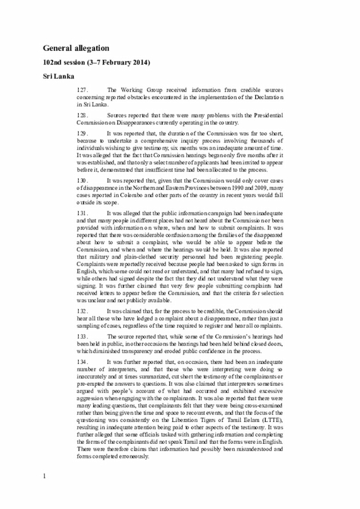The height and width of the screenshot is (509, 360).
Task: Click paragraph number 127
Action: click(x=83, y=89)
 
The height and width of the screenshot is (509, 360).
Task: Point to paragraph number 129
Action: click(x=83, y=134)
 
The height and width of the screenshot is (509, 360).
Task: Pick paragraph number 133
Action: click(x=83, y=336)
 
